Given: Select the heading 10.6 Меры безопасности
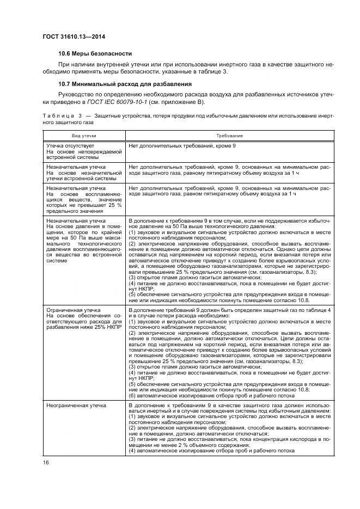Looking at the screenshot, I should tap(95, 53).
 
